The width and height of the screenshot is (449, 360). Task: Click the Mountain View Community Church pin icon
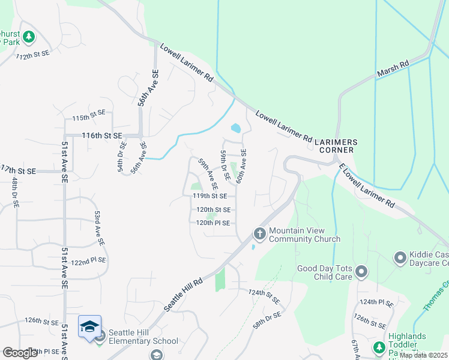(259, 233)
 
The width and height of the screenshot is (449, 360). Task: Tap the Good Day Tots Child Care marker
(361, 272)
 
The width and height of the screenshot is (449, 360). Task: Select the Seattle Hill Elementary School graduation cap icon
(89, 326)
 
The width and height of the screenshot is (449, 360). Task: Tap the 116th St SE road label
(101, 136)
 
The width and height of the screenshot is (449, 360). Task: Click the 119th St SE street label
(209, 196)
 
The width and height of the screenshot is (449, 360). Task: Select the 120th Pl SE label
(212, 223)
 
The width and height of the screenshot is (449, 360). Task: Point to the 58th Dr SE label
(267, 319)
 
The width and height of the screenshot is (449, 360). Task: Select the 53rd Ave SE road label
(98, 227)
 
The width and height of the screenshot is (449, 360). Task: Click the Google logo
(20, 352)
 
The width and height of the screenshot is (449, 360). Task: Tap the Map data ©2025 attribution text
(423, 355)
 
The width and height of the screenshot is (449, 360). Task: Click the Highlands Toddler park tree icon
(379, 347)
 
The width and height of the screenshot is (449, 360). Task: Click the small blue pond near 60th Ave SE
(235, 128)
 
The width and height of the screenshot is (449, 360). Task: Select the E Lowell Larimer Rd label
(366, 187)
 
